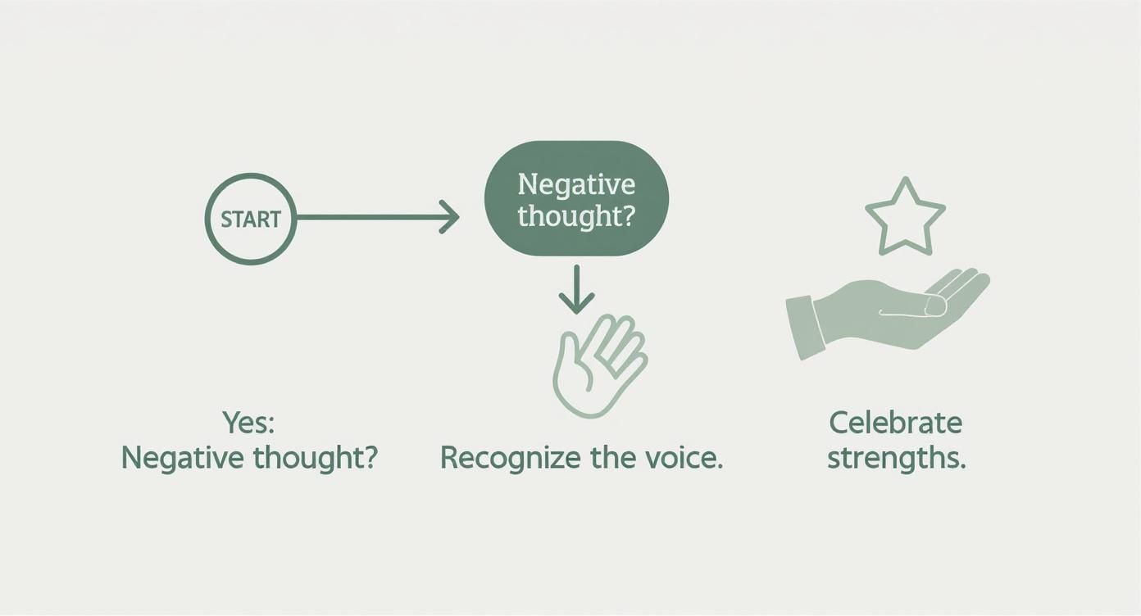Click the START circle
tap(206, 219)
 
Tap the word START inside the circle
tap(251, 220)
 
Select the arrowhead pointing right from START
tap(449, 217)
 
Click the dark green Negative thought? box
tap(576, 198)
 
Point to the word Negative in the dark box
tap(576, 183)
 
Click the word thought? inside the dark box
tap(576, 216)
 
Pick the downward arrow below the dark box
tap(576, 289)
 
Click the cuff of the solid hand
tap(805, 328)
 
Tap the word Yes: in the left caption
tap(248, 423)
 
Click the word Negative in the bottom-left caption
tap(183, 457)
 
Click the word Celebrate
tap(896, 423)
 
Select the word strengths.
tap(897, 458)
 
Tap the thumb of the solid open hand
tap(911, 307)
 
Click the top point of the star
tap(905, 179)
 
